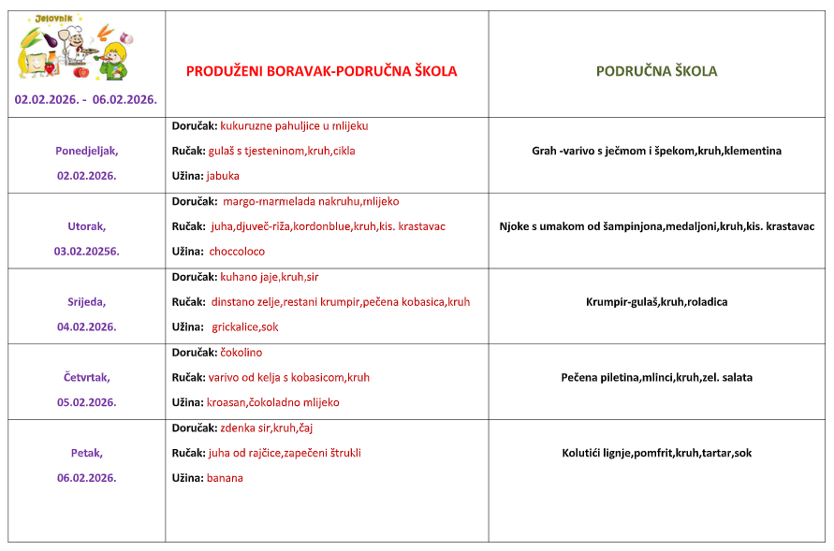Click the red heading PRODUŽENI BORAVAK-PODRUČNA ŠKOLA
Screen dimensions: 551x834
322,71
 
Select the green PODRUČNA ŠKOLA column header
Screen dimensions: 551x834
657,71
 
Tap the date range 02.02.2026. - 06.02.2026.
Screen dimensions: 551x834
86,99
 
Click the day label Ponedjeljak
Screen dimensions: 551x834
86,150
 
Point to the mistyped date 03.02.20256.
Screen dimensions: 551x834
86,251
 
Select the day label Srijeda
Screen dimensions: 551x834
86,301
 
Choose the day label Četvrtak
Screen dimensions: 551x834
86,377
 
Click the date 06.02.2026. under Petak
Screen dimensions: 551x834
86,477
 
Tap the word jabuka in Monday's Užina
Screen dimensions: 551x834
223,175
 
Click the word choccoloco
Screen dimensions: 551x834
237,251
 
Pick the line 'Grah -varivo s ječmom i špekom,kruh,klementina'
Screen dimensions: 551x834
656,151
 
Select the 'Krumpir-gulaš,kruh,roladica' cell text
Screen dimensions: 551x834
656,302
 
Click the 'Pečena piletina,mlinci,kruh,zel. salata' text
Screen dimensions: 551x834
656,378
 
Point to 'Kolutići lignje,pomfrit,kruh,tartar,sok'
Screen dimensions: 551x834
656,453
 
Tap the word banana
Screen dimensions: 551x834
225,478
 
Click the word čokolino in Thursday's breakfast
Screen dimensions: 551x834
241,353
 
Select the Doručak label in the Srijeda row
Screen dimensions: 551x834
195,277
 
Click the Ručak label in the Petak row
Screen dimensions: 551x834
188,453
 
